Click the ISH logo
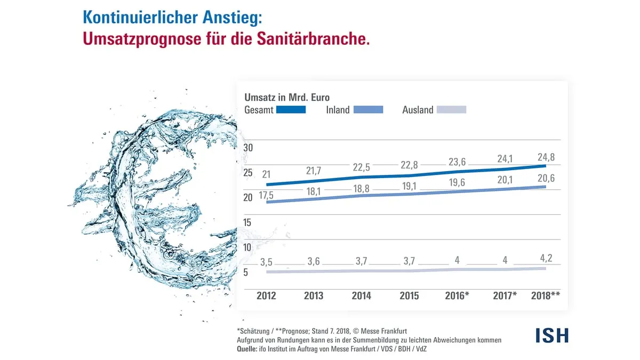(x=552, y=335)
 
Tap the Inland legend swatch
(x=368, y=110)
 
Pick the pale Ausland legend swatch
(x=451, y=110)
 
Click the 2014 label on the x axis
(x=361, y=295)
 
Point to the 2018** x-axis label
(x=546, y=295)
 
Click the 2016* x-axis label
(x=457, y=295)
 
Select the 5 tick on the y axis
(x=246, y=273)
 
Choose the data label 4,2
(x=545, y=259)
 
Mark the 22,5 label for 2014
(x=361, y=167)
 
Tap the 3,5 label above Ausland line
(x=266, y=262)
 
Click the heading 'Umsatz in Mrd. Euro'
(x=287, y=97)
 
